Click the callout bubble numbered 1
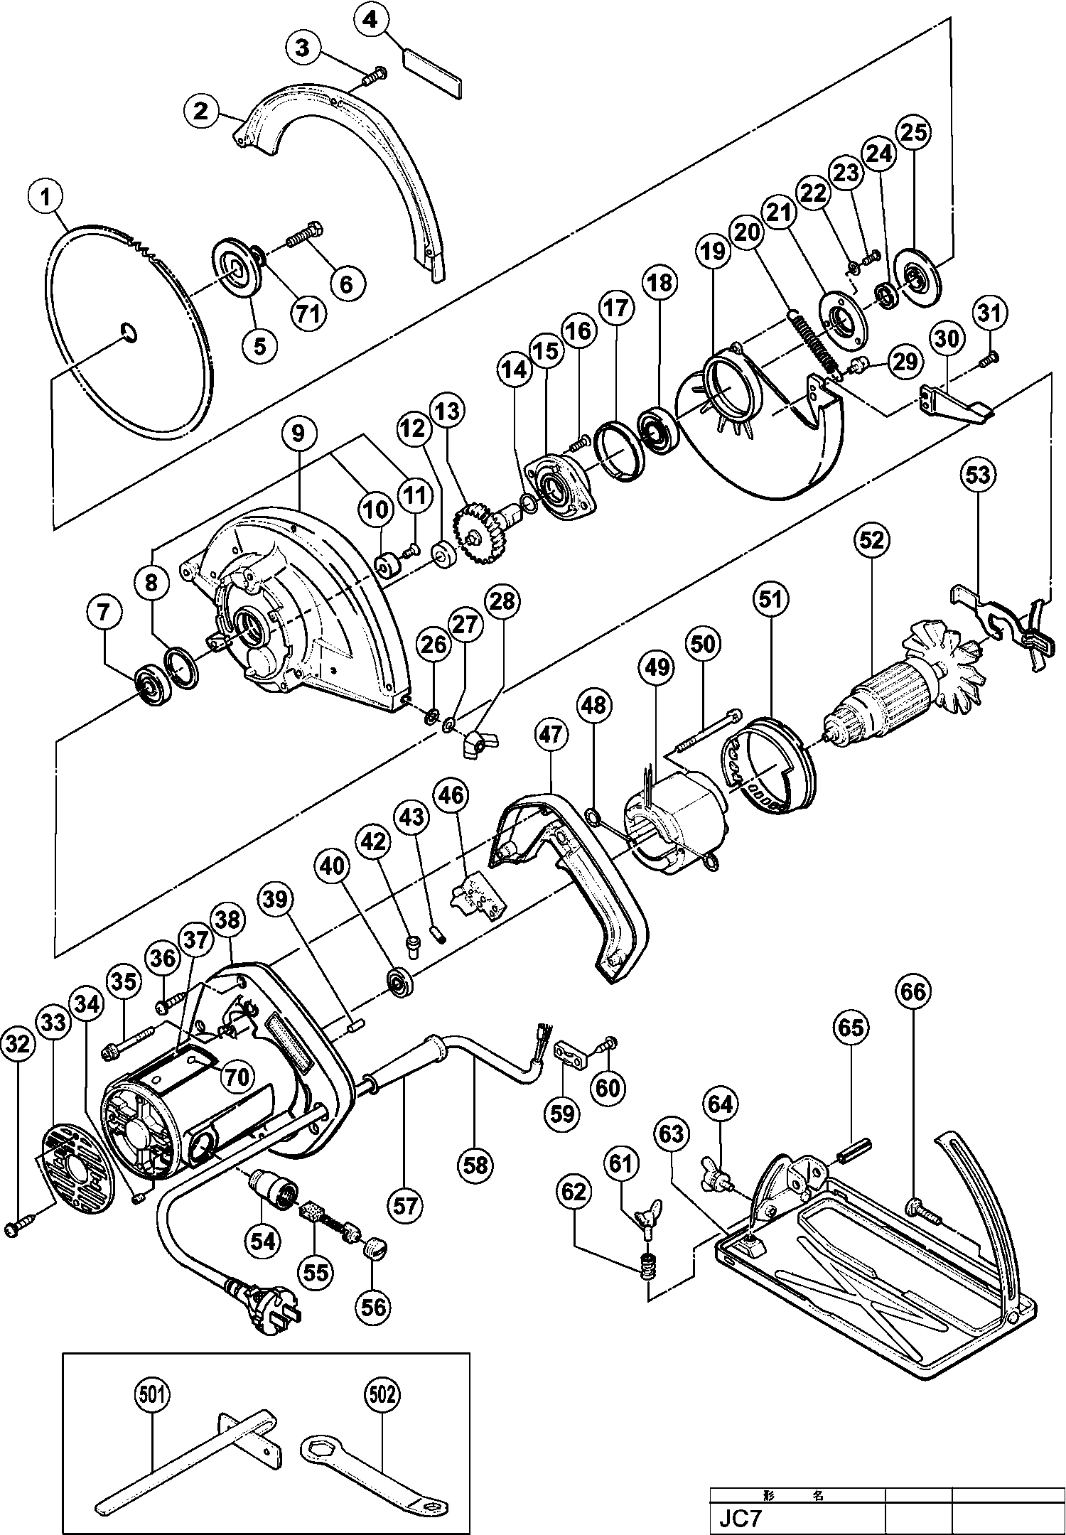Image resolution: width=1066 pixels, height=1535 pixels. click(47, 197)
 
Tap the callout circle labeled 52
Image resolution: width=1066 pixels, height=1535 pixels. click(871, 540)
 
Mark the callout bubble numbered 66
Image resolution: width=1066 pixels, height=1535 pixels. click(914, 991)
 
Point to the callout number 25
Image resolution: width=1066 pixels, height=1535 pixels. click(914, 131)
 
